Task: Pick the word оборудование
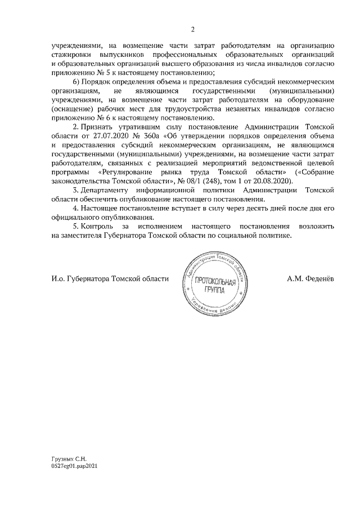(312, 100)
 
